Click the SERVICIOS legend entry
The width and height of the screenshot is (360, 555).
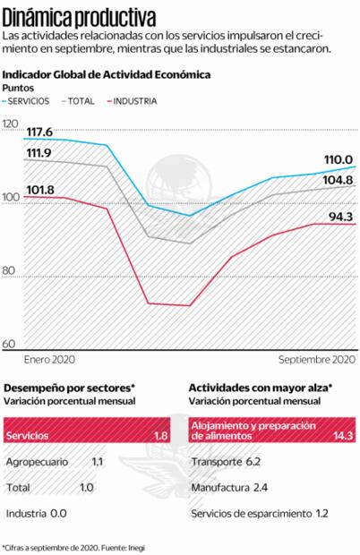pos(31,101)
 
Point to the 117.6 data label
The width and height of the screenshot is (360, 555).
pos(39,132)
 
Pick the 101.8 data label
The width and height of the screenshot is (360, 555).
pos(39,190)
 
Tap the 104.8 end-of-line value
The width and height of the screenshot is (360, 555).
pos(338,180)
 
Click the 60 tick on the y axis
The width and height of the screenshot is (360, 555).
pos(10,344)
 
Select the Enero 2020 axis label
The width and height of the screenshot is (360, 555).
pos(49,358)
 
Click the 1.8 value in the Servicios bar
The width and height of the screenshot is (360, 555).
pos(161,436)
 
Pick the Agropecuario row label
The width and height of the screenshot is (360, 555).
pos(40,462)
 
